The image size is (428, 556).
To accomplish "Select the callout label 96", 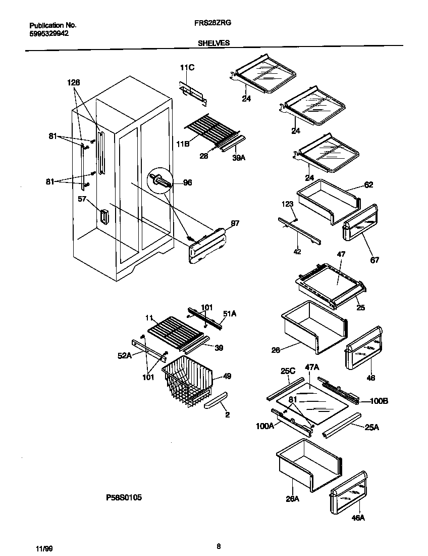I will pyautogui.click(x=187, y=183).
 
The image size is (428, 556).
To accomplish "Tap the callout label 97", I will pyautogui.click(x=221, y=223).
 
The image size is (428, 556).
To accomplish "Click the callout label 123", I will pyautogui.click(x=288, y=204).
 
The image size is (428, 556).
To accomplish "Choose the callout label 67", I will pyautogui.click(x=374, y=260).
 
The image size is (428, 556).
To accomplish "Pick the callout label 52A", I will pyautogui.click(x=125, y=356).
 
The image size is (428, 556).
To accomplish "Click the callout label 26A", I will pyautogui.click(x=292, y=499).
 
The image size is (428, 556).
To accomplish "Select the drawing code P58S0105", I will pyautogui.click(x=124, y=498).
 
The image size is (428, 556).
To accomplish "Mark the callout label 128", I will pyautogui.click(x=74, y=82).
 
